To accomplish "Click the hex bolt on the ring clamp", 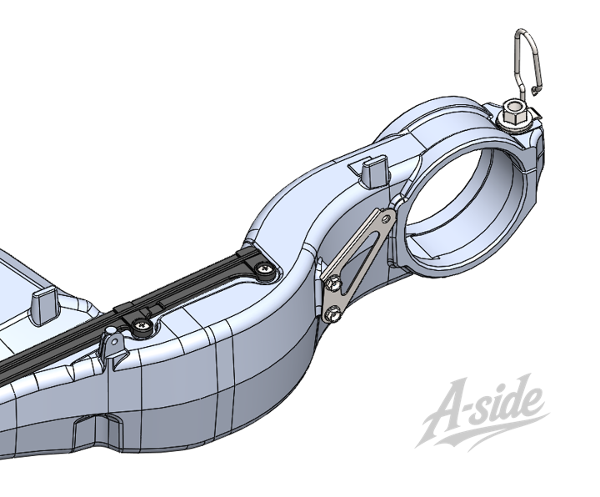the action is [514, 117].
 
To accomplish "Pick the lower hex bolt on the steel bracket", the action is [332, 314].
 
